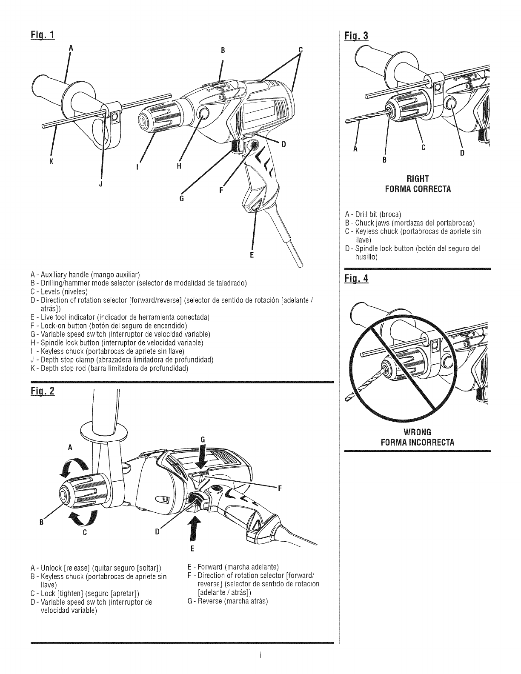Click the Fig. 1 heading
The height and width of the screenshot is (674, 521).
tap(43, 34)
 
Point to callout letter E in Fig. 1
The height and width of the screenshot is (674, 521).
tap(252, 255)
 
